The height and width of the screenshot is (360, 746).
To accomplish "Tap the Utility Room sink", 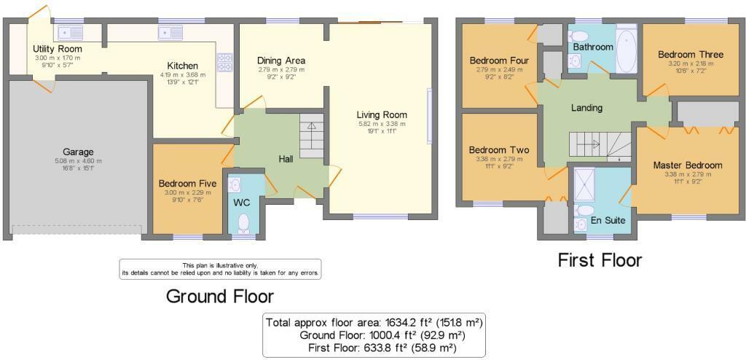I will coord(71,32).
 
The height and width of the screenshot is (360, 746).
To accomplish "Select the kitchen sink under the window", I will coord(170,32).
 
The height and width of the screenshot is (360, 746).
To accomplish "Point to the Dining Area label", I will coord(281,60).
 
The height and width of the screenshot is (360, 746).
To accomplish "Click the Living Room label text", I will coord(382,114).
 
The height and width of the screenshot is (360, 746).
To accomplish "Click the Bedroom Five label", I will coord(184,184).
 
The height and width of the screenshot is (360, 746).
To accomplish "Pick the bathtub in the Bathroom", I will coord(627,50).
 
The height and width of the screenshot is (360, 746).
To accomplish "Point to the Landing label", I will coord(586,108).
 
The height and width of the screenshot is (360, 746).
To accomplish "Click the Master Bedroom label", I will coord(687,165).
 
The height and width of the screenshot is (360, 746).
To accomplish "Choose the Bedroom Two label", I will coord(499,150).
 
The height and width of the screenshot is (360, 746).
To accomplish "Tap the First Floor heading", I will coord(600,259).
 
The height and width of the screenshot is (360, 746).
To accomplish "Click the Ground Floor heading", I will coord(220,296).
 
